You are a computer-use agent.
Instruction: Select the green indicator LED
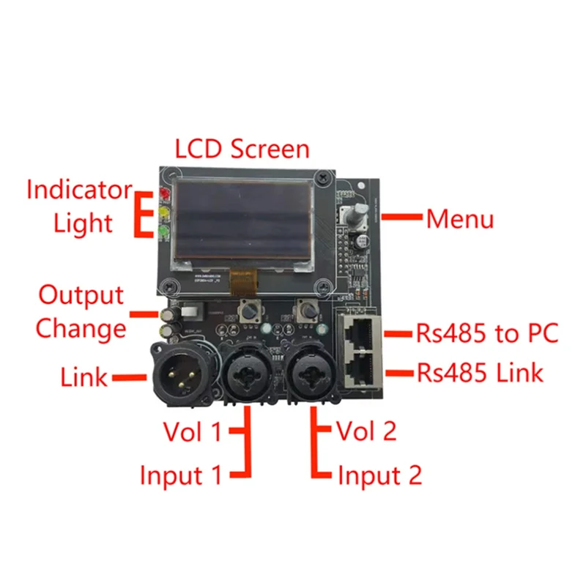164,234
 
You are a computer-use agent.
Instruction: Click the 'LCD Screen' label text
242,149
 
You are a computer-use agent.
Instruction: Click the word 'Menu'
460,219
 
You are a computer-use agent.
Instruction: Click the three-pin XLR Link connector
177,369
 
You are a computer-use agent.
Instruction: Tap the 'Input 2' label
379,476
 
